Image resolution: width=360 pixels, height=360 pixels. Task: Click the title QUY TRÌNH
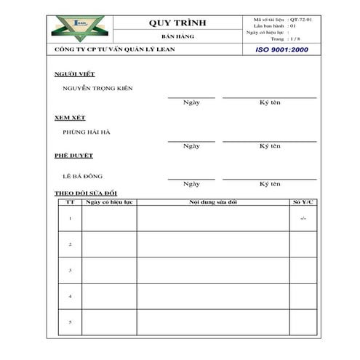pyautogui.click(x=177, y=23)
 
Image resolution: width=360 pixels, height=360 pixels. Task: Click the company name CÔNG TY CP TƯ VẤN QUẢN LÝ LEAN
pyautogui.click(x=114, y=49)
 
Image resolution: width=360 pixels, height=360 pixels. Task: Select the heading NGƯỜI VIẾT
pyautogui.click(x=74, y=74)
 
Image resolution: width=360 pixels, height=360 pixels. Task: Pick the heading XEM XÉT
pyautogui.click(x=71, y=117)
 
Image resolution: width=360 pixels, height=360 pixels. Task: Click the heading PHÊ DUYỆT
pyautogui.click(x=73, y=156)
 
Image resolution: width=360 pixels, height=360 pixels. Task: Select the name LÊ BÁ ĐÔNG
pyautogui.click(x=83, y=176)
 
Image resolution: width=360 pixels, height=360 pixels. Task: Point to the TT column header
pyautogui.click(x=70, y=201)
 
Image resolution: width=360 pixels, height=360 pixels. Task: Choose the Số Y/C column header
pyautogui.click(x=303, y=201)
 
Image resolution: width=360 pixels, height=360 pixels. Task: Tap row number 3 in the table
pyautogui.click(x=70, y=271)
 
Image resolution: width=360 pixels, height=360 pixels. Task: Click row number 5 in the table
pyautogui.click(x=70, y=321)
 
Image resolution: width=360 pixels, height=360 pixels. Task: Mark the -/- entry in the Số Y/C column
pyautogui.click(x=303, y=218)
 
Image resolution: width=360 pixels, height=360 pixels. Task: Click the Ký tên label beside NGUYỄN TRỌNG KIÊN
pyautogui.click(x=270, y=103)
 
